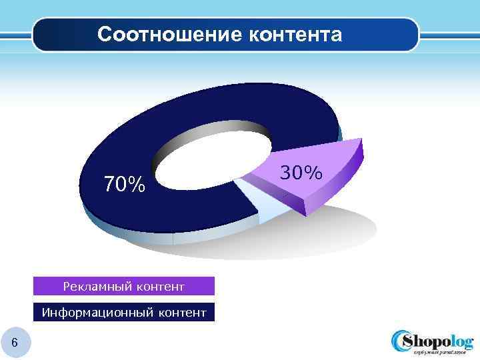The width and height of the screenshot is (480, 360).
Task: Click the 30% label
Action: click(x=301, y=173)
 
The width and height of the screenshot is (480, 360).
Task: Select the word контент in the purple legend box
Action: click(x=160, y=287)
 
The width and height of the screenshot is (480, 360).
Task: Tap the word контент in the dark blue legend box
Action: click(x=179, y=312)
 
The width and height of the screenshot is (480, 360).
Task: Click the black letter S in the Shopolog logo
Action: click(x=407, y=341)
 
